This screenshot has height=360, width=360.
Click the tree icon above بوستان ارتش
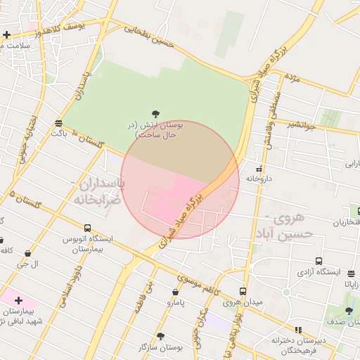pos(155,113)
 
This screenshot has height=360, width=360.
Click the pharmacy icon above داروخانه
pos(259,169)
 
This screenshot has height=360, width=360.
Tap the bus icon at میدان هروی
pos(243,291)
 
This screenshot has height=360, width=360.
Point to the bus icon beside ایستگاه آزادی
pos(319,261)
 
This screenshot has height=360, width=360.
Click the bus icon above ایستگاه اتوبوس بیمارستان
pos(87,228)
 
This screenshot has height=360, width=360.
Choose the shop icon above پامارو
pos(175,292)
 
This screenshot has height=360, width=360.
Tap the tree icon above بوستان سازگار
pos(160,337)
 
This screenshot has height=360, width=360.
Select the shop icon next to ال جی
pos(27,253)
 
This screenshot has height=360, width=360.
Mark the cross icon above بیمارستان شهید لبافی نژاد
pos(18,300)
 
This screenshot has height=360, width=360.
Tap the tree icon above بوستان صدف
pos(349,311)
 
